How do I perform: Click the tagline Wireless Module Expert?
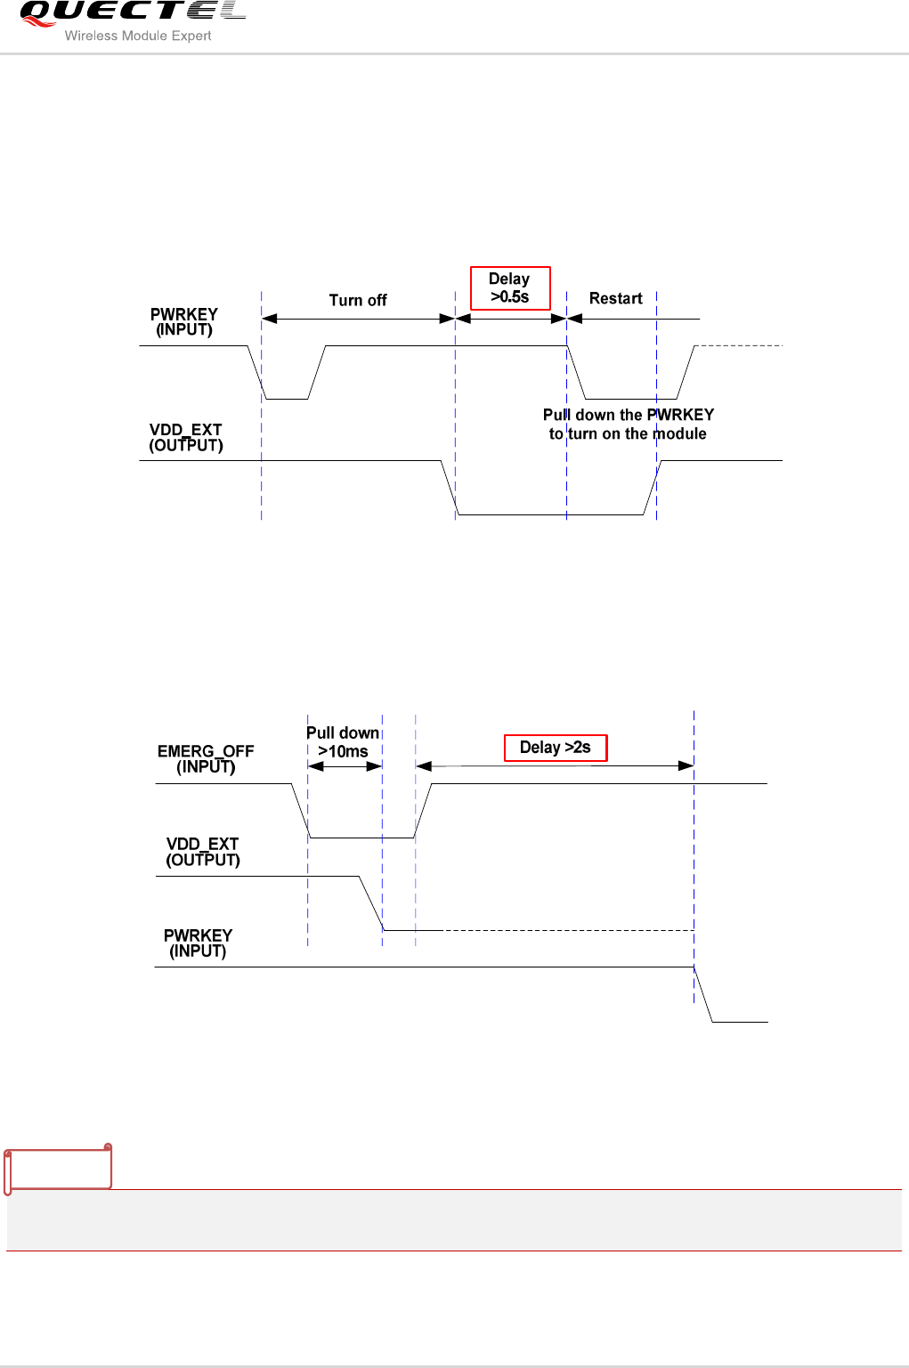pos(138,36)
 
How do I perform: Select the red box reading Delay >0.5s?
pos(510,288)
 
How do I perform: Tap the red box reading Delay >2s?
pos(556,748)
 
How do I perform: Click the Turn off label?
pos(358,301)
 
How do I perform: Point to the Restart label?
pos(615,299)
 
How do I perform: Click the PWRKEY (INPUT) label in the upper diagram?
pos(184,322)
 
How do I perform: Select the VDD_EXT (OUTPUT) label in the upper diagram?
pos(186,438)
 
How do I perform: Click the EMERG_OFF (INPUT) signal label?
pos(206,759)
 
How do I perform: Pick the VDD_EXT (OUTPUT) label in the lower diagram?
pos(203,852)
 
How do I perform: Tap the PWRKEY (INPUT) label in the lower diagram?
pos(198,943)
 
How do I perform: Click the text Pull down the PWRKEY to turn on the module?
pos(628,425)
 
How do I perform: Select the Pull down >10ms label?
pos(343,741)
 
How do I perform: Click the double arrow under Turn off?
pos(358,319)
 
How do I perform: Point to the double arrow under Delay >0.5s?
pos(511,319)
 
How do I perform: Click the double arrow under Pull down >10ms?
pos(345,766)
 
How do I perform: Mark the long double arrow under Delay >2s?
pos(555,765)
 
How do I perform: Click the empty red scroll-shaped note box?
pos(59,1169)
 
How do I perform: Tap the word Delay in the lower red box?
pos(540,748)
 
